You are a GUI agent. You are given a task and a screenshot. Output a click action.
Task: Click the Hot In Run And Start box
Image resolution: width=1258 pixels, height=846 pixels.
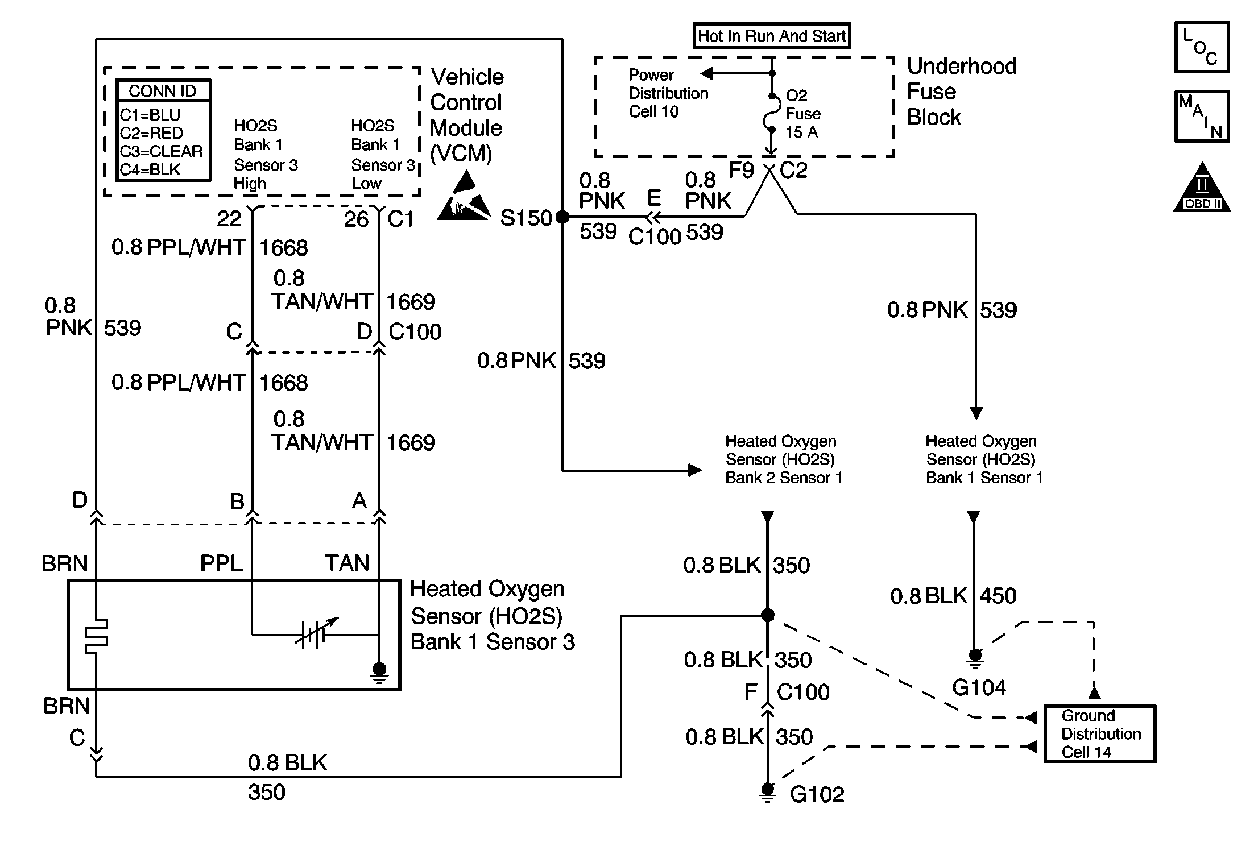(x=771, y=36)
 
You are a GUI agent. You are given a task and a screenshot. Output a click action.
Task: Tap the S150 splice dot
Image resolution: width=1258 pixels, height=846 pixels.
(x=562, y=217)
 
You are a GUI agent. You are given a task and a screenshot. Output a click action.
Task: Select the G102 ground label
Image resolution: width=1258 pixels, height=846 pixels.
(x=817, y=794)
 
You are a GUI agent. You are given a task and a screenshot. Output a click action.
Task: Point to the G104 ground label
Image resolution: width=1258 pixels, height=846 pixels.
(x=979, y=688)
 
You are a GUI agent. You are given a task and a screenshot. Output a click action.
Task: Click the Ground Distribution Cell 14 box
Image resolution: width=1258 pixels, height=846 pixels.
(x=1100, y=733)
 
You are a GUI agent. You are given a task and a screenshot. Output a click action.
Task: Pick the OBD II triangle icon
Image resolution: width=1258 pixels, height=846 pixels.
(x=1202, y=189)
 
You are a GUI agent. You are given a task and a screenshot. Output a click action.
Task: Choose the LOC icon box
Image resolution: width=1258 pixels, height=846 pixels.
(x=1202, y=48)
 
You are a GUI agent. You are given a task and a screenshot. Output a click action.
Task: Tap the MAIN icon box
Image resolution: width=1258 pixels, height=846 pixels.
(x=1202, y=117)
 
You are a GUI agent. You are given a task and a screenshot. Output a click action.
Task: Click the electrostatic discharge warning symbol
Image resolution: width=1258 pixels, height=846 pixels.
(x=464, y=198)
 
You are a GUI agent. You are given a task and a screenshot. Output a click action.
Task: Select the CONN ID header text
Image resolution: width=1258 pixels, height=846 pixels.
(x=163, y=91)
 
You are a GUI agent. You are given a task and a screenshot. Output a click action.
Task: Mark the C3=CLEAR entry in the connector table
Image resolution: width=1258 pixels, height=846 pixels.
(x=161, y=151)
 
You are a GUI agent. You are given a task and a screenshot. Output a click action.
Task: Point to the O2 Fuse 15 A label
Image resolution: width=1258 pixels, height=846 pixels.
(x=802, y=114)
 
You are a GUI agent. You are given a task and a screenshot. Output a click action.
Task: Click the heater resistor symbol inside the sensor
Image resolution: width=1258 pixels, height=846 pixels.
(x=96, y=636)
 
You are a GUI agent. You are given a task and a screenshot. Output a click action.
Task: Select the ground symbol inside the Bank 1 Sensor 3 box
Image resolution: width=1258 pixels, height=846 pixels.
(x=379, y=671)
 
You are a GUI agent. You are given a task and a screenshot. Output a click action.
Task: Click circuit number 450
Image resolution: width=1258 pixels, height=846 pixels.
(x=998, y=596)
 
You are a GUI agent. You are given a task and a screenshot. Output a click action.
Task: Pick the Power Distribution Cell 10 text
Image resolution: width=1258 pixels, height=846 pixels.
(x=668, y=93)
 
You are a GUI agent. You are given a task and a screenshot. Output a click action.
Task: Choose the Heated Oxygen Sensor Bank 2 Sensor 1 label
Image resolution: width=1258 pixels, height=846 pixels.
(x=783, y=459)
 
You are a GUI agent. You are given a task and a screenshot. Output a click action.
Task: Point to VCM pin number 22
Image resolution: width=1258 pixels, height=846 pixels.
(x=229, y=218)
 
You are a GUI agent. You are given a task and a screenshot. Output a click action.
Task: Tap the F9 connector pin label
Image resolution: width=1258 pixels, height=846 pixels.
(x=741, y=170)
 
